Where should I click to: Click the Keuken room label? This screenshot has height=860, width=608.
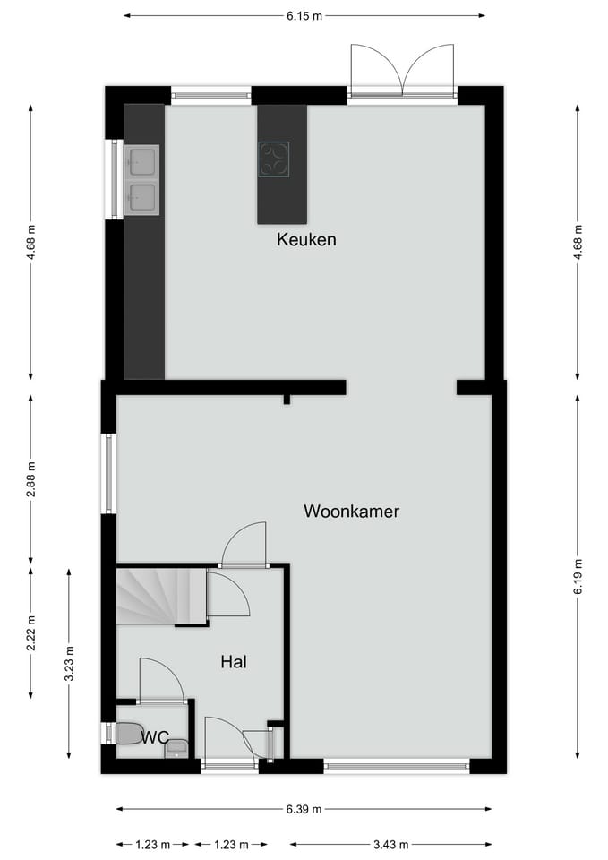click(306, 240)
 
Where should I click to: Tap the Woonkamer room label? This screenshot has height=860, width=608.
click(351, 512)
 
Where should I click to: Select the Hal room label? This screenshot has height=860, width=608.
click(234, 663)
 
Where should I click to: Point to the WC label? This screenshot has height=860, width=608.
click(155, 737)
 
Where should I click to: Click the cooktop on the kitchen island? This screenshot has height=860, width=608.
click(274, 159)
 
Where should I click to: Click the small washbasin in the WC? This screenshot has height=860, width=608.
click(177, 747)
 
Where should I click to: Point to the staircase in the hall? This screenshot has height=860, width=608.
click(151, 595)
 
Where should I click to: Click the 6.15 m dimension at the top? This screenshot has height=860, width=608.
click(304, 15)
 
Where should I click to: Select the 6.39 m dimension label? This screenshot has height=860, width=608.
click(304, 809)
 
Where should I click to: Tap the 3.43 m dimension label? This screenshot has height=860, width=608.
click(390, 844)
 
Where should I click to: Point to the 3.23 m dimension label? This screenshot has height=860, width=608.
click(69, 663)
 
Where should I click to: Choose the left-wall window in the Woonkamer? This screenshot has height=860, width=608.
click(109, 473)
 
